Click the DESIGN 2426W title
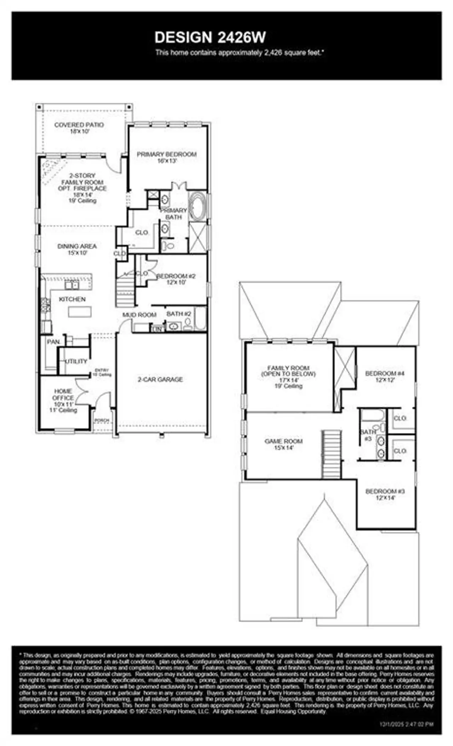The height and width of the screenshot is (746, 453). coord(210,37)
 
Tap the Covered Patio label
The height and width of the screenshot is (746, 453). coord(79,125)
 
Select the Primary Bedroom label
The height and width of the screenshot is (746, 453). coord(167,154)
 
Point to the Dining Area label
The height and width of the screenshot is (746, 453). coord(77,246)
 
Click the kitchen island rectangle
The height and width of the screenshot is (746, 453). coord(80,311)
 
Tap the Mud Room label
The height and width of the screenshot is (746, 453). coord(139,315)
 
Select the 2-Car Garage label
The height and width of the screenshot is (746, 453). coord(160,379)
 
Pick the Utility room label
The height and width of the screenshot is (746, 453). coord(76,361)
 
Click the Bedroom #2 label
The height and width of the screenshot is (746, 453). coord(176,276)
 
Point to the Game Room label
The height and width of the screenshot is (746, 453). coord(284,441)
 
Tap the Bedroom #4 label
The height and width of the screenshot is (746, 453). coord(385,373)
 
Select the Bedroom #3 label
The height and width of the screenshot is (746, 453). coord(385,491)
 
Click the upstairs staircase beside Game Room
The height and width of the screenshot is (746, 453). coord(332,454)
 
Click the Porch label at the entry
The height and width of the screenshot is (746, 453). coord(102,420)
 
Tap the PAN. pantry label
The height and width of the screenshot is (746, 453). coord(53,342)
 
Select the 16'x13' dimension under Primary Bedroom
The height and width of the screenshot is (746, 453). coord(167,161)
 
